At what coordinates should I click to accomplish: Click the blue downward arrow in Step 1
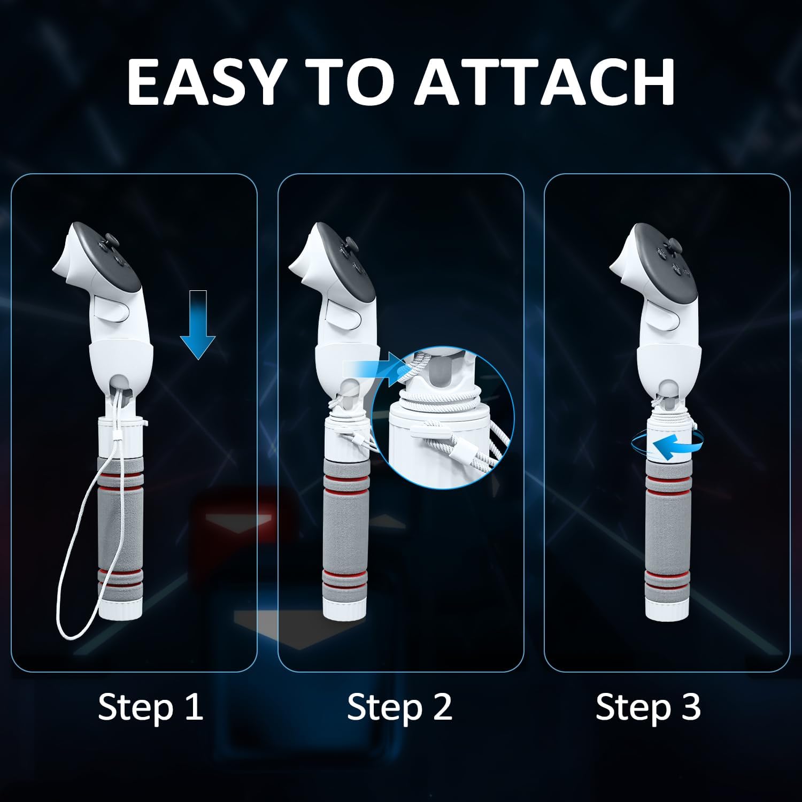click(x=198, y=325)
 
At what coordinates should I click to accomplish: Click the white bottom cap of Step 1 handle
click(x=121, y=609)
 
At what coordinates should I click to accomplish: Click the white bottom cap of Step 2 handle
click(x=345, y=610)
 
